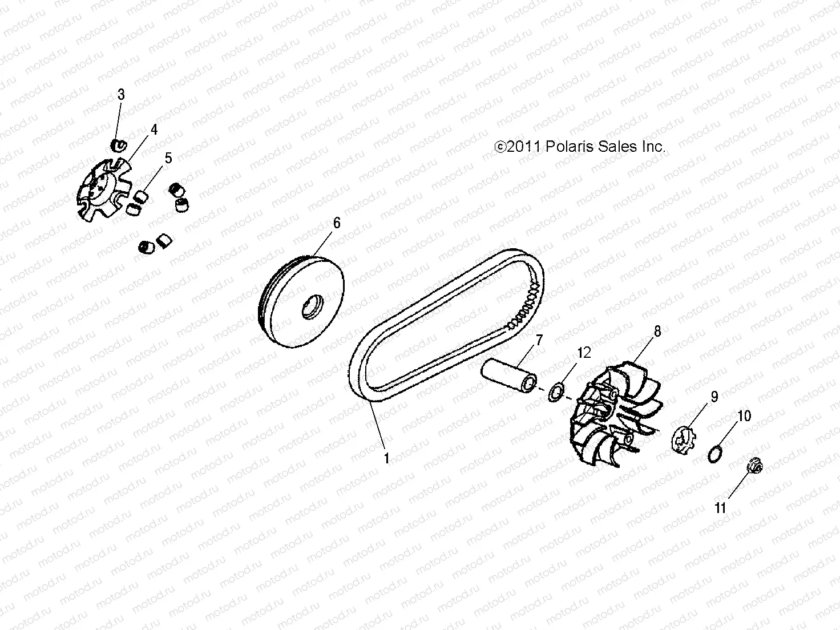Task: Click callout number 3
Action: point(121,95)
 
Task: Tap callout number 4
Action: point(154,130)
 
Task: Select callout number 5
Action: point(168,158)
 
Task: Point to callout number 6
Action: point(337,223)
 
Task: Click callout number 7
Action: point(538,341)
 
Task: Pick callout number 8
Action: point(657,331)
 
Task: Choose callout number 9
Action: point(714,396)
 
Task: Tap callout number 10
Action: point(745,416)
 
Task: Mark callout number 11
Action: point(721,507)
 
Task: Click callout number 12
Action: point(584,353)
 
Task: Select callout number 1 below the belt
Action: point(386,458)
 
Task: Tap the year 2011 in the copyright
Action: point(524,147)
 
